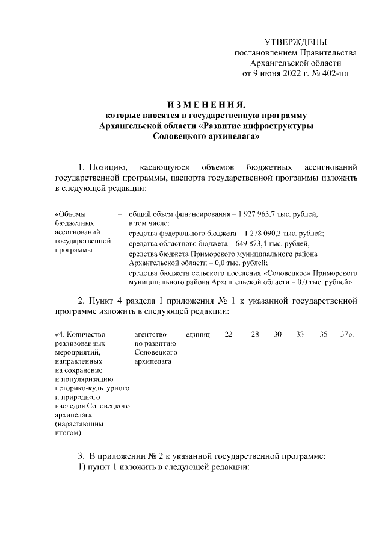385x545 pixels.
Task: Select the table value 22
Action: click(229, 334)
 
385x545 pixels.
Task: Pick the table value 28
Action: click(255, 334)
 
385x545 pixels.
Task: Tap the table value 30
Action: click(277, 334)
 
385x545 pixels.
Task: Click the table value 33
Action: click(300, 334)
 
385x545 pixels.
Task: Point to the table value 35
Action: click(323, 334)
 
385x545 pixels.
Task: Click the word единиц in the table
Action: click(198, 334)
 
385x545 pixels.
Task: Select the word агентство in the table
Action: click(150, 334)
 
